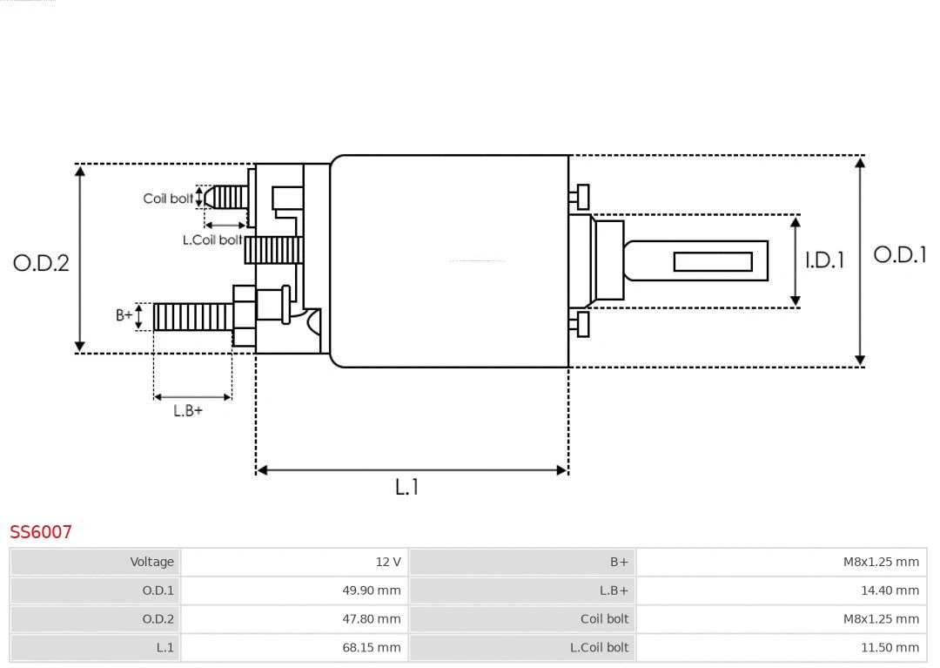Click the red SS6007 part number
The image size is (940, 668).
[41, 531]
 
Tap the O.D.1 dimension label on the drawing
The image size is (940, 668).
[900, 255]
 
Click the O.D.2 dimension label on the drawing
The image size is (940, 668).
[41, 263]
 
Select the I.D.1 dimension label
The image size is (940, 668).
[824, 260]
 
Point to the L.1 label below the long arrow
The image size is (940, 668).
[407, 488]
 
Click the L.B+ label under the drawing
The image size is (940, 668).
[188, 411]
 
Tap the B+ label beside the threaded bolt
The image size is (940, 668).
[124, 315]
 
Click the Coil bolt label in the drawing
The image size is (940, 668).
[168, 199]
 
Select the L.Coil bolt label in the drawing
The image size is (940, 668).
[212, 240]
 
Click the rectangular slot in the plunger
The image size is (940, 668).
[713, 261]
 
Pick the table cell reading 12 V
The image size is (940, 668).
[295, 562]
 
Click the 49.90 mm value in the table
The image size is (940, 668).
[295, 590]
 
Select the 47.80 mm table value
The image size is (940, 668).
[295, 619]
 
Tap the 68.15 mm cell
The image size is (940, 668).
[295, 647]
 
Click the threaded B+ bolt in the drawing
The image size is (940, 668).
[193, 317]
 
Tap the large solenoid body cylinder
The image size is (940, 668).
[448, 261]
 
